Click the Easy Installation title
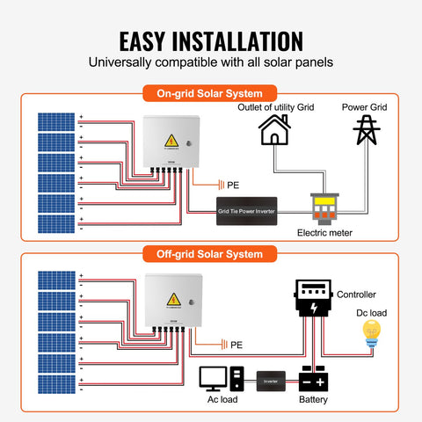[x=210, y=40]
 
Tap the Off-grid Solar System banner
[x=210, y=254]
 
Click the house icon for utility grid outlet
[x=273, y=131]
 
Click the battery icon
[x=315, y=380]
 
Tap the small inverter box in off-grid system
[x=270, y=381]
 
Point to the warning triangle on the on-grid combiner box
[x=170, y=141]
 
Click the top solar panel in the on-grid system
[x=56, y=121]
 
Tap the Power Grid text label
[x=365, y=107]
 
